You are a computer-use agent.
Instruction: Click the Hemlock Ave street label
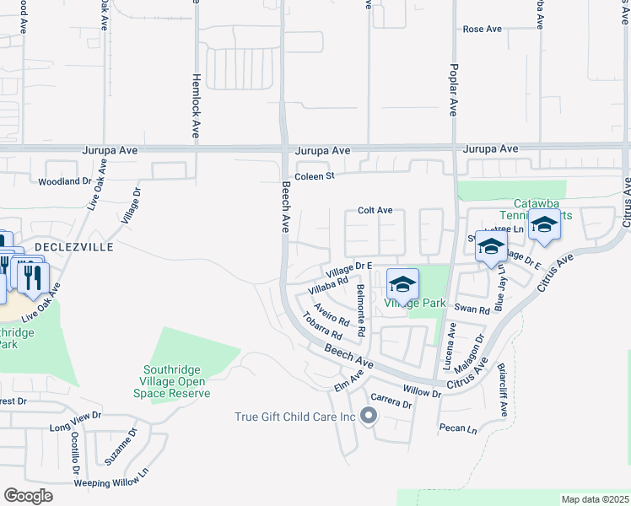[196, 105]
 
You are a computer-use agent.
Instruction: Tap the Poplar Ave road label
[454, 89]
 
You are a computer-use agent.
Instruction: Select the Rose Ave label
[483, 29]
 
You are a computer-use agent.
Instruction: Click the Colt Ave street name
[375, 210]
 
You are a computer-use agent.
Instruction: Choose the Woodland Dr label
[64, 181]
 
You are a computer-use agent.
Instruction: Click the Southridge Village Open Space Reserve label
[175, 380]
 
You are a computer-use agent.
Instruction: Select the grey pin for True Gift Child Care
[368, 415]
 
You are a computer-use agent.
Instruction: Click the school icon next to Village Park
[403, 283]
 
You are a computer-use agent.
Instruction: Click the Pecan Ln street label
[458, 428]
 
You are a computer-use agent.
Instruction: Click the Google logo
[28, 496]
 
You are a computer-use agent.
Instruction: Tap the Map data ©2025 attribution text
[595, 499]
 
